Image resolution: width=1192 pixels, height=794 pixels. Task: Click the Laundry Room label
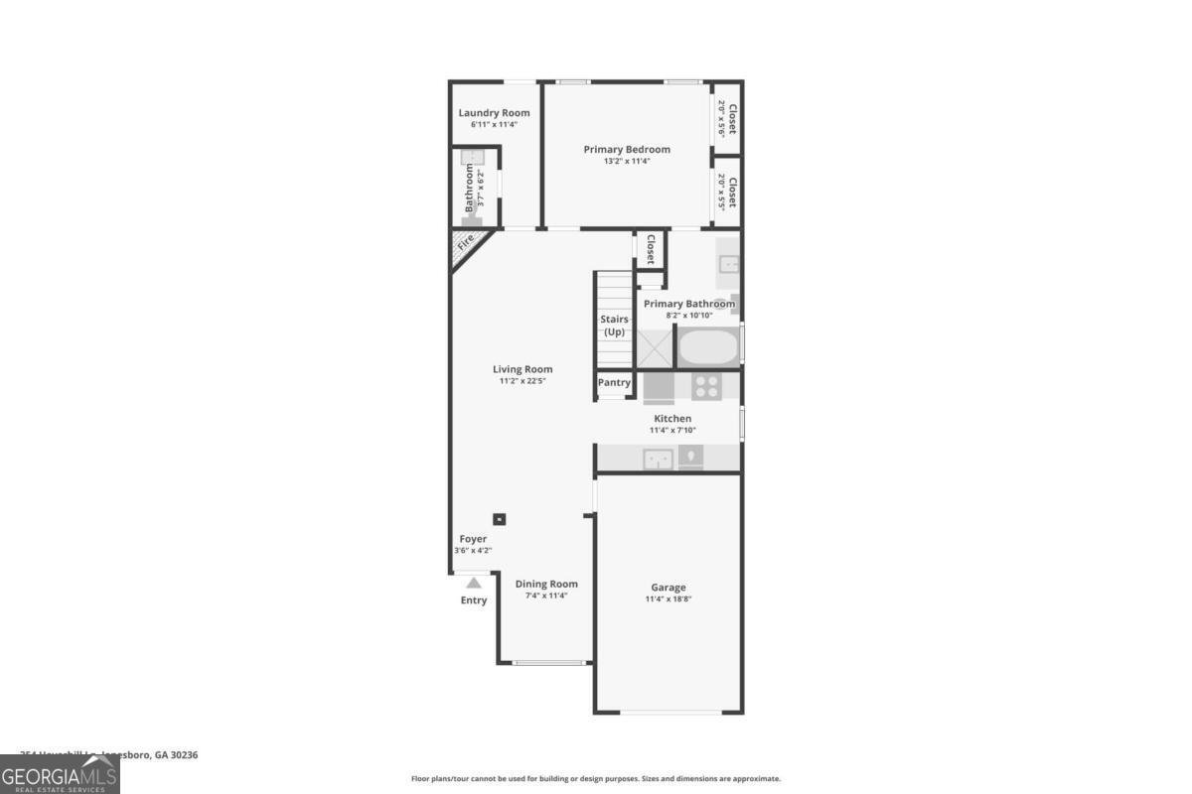point(494,113)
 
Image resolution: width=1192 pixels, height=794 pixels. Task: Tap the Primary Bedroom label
point(627,150)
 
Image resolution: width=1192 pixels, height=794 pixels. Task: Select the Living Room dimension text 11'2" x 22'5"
point(522,381)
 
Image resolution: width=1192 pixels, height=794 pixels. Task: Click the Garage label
point(669,588)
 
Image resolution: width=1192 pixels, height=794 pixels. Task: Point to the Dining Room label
point(546,584)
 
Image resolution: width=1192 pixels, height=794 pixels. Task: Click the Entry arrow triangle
point(474,583)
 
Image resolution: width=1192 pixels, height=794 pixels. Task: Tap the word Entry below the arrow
point(474,600)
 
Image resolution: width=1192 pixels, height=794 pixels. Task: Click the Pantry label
point(614,382)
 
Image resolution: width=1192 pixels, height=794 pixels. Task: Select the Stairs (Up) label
point(614,326)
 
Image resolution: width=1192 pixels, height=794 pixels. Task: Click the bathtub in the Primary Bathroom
point(708,347)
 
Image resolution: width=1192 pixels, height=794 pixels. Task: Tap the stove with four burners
point(706,385)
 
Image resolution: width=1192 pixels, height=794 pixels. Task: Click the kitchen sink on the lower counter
point(656,458)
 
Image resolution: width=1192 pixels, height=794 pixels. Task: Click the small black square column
point(500,518)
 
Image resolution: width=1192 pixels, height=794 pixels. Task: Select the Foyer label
point(473,539)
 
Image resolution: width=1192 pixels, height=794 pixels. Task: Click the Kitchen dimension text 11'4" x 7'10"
point(671,431)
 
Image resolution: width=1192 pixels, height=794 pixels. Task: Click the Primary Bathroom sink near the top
point(729,264)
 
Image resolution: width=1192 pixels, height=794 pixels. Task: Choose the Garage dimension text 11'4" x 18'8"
point(669,599)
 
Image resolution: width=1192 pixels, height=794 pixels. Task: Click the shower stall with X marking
point(656,347)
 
